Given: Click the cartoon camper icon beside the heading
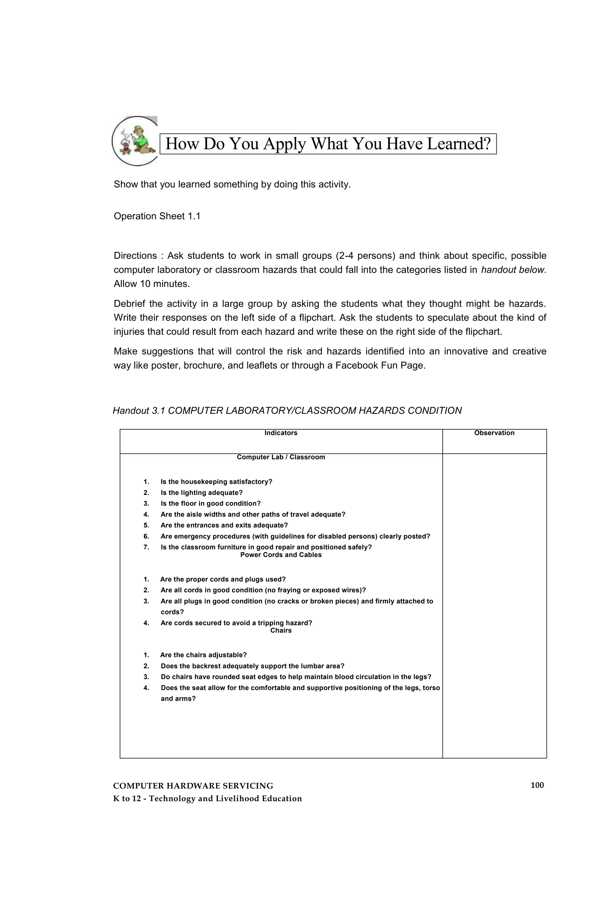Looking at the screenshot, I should pos(135,141).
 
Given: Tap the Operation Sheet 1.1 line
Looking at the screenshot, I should pos(157,216).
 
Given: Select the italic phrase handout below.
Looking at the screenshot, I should pos(513,270).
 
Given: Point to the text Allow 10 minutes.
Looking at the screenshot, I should pos(152,284).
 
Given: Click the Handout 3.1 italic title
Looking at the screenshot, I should pos(287,411).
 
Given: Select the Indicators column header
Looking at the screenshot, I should pos(281,433).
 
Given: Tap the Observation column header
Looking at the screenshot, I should pos(494,433).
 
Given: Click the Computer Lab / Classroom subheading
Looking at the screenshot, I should pos(281,457).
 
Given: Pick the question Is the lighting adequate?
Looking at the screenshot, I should pos(201,492).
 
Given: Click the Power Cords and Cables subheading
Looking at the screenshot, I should pos(281,555).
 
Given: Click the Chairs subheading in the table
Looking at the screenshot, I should pos(281,630).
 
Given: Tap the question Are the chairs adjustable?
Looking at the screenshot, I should pos(203,655).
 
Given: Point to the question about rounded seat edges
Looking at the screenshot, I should pos(296,677).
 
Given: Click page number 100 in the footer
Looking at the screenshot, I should pos(537,785).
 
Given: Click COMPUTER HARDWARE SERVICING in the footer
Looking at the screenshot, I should pos(193,786).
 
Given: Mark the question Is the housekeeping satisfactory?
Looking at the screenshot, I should pos(216,482).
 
